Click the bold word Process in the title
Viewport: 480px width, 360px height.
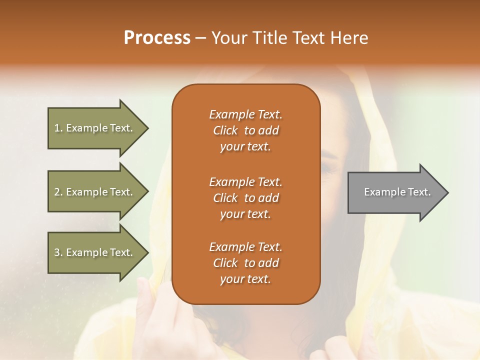(157, 38)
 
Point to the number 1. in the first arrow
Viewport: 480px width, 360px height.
(58, 128)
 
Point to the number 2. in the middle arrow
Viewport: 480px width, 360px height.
(58, 192)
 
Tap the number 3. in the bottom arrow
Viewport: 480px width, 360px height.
(58, 252)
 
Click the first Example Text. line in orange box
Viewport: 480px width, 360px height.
(245, 114)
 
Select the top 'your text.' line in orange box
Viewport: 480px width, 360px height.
(245, 147)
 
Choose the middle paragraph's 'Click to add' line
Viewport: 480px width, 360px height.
(245, 198)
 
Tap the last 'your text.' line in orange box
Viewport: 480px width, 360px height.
(245, 279)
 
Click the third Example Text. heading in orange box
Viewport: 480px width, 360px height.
(245, 247)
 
